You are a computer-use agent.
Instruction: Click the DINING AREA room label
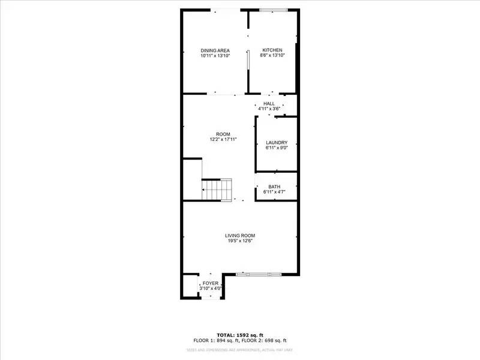click(215, 50)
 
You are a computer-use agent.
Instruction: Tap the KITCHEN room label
click(272, 50)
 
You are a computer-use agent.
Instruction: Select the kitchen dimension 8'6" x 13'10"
click(272, 55)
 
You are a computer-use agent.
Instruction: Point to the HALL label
click(269, 104)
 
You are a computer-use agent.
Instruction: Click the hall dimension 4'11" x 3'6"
click(269, 109)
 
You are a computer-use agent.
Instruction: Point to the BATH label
click(274, 187)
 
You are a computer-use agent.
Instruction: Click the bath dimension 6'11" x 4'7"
click(274, 192)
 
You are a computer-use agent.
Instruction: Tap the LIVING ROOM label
click(240, 235)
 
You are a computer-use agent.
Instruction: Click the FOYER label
click(210, 283)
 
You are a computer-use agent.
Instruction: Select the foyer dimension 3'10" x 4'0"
click(210, 289)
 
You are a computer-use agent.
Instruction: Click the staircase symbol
click(217, 190)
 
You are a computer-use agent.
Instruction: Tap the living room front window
click(259, 274)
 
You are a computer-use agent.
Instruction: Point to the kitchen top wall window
click(273, 10)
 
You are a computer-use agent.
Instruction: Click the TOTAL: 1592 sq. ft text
click(240, 334)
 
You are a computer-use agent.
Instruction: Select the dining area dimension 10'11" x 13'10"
click(215, 56)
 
